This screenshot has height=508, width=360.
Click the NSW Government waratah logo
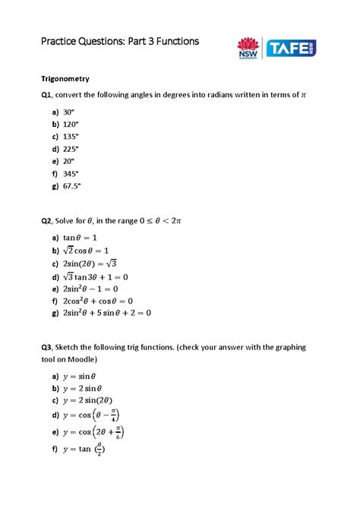pos(248,49)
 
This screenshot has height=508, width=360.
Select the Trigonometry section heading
pos(65,78)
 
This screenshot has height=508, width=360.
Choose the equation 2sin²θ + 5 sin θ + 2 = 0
pos(107,312)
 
